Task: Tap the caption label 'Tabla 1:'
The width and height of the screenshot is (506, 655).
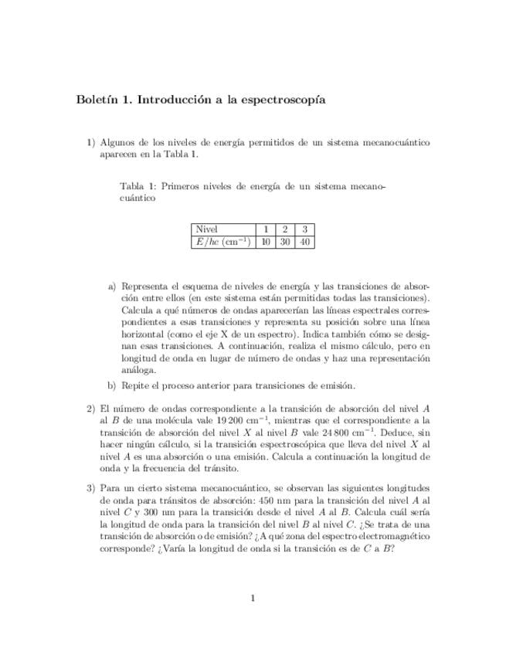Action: coord(138,186)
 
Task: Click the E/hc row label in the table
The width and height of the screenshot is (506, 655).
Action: coord(223,242)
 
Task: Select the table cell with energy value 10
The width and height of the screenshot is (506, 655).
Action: coord(265,242)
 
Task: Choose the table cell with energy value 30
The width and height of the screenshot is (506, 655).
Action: coord(285,242)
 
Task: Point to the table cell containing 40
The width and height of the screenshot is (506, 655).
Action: coord(305,242)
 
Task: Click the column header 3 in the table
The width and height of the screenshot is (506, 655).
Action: coord(305,229)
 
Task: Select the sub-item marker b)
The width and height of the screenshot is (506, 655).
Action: coord(112,386)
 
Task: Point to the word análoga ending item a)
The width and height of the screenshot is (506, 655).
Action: coord(139,370)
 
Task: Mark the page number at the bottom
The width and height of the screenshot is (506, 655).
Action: coord(253,598)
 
